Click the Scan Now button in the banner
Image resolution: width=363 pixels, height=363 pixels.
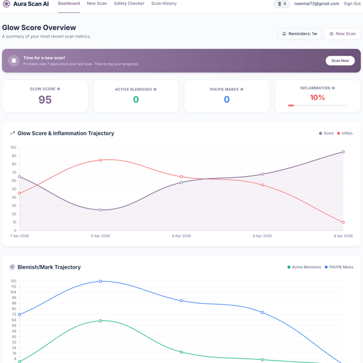[x=340, y=60]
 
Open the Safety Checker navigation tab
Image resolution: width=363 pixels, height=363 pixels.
[x=129, y=4]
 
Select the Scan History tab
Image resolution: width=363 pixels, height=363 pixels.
[x=164, y=4]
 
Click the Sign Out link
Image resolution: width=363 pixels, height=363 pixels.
[x=352, y=4]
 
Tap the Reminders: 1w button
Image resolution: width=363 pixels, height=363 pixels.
[x=299, y=34]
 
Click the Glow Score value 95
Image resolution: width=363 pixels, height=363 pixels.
[x=45, y=100]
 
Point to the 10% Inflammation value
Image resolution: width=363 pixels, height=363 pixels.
[x=318, y=97]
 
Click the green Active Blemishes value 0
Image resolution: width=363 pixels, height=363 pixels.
[x=136, y=100]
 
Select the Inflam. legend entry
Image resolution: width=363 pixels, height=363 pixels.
[x=345, y=133]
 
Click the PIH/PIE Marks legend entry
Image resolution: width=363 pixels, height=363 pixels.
[x=339, y=267]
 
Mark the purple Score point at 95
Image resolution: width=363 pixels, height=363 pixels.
[x=343, y=152]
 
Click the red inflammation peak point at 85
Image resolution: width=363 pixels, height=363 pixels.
[x=100, y=160]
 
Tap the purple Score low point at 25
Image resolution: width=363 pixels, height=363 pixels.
[x=100, y=210]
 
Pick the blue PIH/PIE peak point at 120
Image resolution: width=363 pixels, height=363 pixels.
[x=100, y=281]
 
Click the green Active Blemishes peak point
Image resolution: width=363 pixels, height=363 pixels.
[x=100, y=321]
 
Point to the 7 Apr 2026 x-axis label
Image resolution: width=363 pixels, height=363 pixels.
[x=19, y=236]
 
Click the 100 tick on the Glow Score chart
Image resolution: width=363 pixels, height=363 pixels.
[x=13, y=148]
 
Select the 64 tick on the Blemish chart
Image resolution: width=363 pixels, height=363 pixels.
[x=14, y=320]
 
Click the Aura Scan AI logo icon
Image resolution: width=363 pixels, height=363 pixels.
[x=7, y=4]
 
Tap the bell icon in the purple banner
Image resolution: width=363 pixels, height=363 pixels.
[x=14, y=60]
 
